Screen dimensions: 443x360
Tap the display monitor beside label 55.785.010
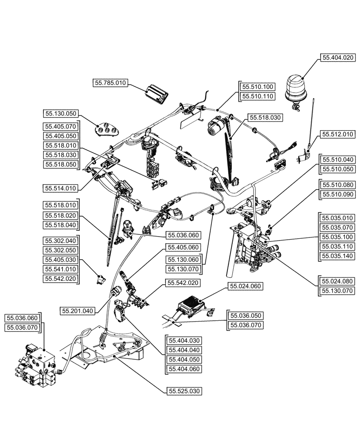[156, 90]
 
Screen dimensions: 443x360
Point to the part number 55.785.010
[110, 82]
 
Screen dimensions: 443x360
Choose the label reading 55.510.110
[258, 96]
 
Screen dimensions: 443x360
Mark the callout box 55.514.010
[61, 188]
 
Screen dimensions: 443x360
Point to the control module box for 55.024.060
[190, 305]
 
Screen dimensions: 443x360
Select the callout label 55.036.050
[245, 315]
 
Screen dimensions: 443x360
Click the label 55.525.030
[184, 391]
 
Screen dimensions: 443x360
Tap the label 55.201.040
[77, 311]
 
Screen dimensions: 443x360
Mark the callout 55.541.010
[61, 269]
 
